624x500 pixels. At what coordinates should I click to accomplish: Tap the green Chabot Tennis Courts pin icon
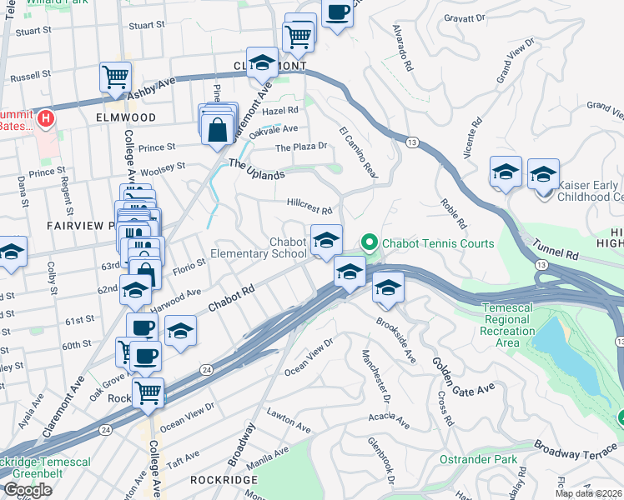point(369,243)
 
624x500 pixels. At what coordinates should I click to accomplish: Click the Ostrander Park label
point(479,459)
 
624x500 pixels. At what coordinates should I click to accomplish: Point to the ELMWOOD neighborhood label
point(126,117)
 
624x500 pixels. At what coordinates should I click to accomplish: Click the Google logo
point(28,490)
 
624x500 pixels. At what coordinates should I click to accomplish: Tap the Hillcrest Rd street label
point(309,206)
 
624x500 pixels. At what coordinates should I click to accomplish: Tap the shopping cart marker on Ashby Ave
point(114,77)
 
